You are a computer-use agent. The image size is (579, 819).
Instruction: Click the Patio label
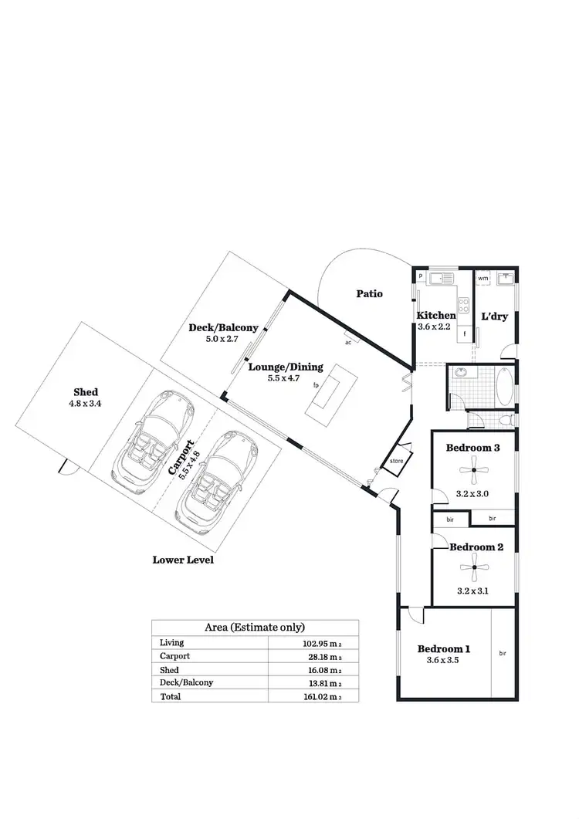pos(369,294)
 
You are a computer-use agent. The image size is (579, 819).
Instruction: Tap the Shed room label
pos(86,391)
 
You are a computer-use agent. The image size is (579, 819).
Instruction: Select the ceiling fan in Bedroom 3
pos(472,469)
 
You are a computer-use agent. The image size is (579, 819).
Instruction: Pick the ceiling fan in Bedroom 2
pos(472,570)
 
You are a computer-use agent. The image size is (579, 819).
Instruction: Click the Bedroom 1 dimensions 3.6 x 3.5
pos(443,661)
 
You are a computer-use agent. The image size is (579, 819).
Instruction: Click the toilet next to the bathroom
pos(503,421)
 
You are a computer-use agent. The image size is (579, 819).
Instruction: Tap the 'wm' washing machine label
pos(482,278)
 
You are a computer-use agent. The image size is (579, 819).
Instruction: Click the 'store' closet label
pos(397,461)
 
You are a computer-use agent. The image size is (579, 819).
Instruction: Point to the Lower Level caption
pos(183,560)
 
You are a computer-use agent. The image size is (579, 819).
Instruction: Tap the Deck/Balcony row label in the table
pos(186,682)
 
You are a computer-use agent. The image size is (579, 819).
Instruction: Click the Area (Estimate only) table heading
pos(255,628)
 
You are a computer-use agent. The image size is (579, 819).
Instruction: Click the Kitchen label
pos(436,315)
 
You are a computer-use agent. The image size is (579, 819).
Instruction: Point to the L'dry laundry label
pos(494,316)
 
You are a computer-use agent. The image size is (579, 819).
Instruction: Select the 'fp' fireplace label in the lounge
pos(316,384)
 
